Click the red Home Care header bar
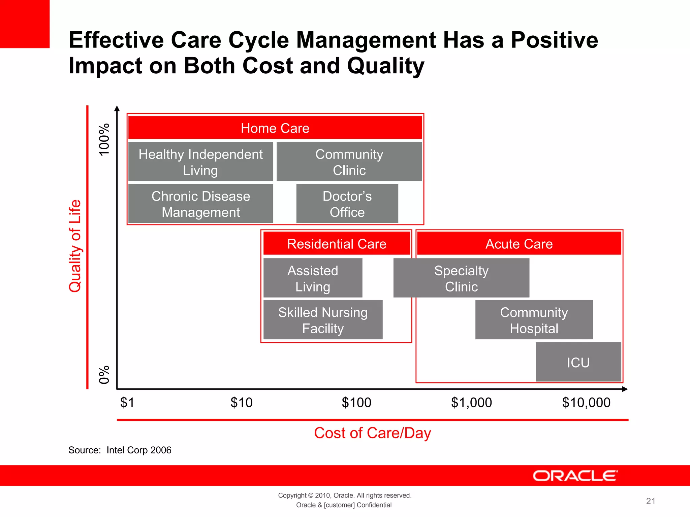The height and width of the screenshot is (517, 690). pos(275,128)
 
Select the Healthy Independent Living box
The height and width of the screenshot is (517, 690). pos(200,162)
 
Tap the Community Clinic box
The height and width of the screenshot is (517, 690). pos(349,162)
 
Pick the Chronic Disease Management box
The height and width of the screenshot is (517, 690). pos(200,204)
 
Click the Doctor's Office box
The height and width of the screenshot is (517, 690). pos(347,204)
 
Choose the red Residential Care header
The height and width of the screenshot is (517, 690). pos(337,243)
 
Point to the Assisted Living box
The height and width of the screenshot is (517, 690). pos(313,278)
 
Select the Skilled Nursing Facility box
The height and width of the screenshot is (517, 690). pos(323,320)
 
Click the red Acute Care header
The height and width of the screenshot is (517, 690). pos(519,243)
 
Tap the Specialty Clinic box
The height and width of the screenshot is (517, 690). pos(461,278)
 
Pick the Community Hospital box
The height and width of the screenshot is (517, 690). pos(534,320)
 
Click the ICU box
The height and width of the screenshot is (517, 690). pos(578,363)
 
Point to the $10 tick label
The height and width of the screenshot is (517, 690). pos(241,403)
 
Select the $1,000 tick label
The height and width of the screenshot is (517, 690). pos(471,403)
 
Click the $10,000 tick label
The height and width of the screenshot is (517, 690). pos(586,403)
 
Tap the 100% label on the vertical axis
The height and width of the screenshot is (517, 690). pos(104,139)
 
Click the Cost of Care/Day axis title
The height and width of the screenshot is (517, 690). pos(372,433)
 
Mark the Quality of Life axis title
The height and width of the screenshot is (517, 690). pos(75,246)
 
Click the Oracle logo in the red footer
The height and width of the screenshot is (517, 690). pos(575,476)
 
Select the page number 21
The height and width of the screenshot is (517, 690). pos(651,501)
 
